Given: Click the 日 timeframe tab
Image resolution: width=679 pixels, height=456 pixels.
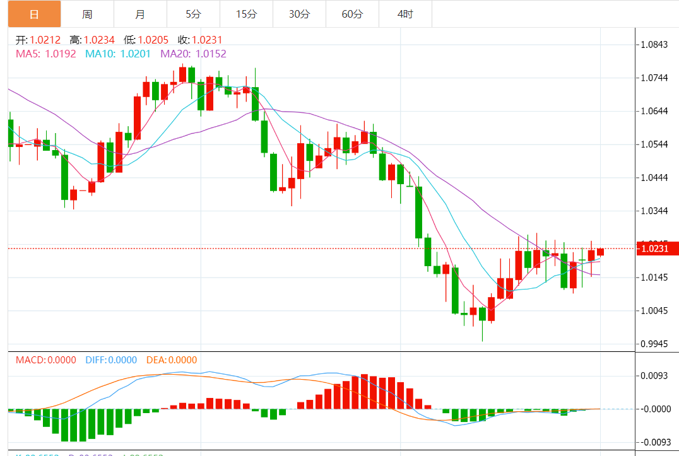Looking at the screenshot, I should pyautogui.click(x=34, y=14).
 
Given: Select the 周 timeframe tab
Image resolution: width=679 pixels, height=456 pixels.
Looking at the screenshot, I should pyautogui.click(x=87, y=14).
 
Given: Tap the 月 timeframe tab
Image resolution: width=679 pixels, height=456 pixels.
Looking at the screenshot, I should pyautogui.click(x=140, y=14).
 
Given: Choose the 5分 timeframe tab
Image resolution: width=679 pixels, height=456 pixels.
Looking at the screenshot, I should pyautogui.click(x=193, y=14).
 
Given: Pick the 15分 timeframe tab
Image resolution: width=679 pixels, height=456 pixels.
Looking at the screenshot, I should pyautogui.click(x=246, y=14).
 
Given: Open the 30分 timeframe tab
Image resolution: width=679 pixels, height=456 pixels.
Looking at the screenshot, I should pyautogui.click(x=299, y=14).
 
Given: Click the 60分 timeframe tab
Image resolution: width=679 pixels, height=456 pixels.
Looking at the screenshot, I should pyautogui.click(x=352, y=14).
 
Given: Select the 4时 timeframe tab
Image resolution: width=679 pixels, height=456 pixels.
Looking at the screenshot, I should pyautogui.click(x=405, y=14).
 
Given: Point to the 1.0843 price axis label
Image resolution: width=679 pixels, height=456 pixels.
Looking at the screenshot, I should pyautogui.click(x=654, y=45).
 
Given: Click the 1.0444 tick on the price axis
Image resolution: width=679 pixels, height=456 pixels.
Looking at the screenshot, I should pyautogui.click(x=654, y=178).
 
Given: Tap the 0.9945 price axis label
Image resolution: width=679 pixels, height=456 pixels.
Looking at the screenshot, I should pyautogui.click(x=654, y=344).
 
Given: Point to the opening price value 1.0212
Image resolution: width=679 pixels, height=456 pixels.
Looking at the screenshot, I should pyautogui.click(x=45, y=40).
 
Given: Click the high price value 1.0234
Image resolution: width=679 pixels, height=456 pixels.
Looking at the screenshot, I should pyautogui.click(x=100, y=40).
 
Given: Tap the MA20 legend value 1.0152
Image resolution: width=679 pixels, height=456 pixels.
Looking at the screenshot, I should pyautogui.click(x=211, y=54).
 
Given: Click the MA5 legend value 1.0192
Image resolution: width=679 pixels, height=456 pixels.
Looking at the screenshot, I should pyautogui.click(x=61, y=54).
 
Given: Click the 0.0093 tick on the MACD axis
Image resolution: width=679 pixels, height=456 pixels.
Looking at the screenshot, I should pyautogui.click(x=654, y=376).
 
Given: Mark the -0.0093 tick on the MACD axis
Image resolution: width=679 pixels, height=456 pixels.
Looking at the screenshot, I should pyautogui.click(x=654, y=442).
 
